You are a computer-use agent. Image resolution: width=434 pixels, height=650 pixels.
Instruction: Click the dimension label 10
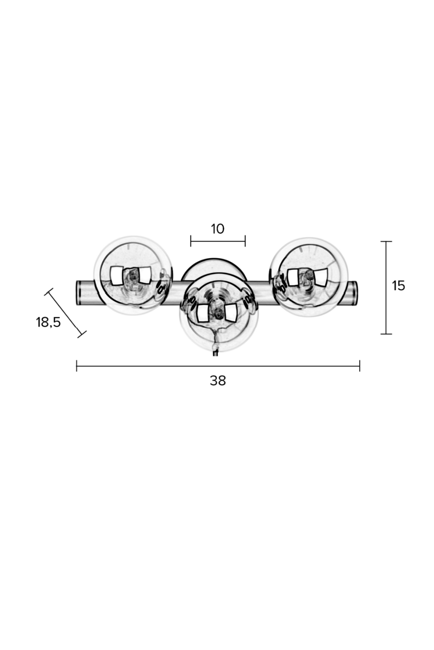coord(218,229)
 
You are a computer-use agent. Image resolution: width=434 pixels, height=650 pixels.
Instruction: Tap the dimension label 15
coord(398,286)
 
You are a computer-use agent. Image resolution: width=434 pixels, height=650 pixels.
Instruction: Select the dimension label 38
coord(218,381)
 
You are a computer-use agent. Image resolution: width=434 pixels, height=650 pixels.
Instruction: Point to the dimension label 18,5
coord(48,322)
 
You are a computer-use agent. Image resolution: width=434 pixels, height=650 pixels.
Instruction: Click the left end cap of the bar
coord(79,292)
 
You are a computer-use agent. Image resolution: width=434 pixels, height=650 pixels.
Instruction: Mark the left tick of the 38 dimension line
coord(76,366)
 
